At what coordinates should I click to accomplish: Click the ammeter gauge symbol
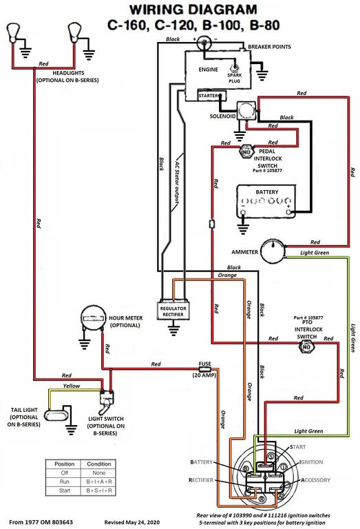point(273,251)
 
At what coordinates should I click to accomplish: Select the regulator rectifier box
point(173,310)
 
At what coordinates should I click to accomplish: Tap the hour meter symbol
point(92,318)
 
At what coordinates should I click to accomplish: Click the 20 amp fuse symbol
point(205,369)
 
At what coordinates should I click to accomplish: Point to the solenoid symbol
point(246,110)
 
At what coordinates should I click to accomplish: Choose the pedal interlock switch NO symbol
point(246,152)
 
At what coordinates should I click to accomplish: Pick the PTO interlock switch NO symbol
point(306,347)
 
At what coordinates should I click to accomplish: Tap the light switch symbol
point(107,402)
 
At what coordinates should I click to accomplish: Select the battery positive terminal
point(288,211)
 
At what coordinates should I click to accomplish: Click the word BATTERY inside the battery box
point(267,192)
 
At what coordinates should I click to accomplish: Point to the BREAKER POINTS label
point(269,47)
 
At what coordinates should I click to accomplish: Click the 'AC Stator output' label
point(178,182)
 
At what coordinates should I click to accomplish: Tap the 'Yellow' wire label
point(72,386)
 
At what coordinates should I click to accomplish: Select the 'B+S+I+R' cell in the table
point(98,490)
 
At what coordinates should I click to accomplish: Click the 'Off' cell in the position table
point(65,473)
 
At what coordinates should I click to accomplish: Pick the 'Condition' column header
point(98,464)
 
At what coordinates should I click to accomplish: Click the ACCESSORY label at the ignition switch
point(315,479)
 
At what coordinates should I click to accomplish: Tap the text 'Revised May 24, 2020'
point(131,522)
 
